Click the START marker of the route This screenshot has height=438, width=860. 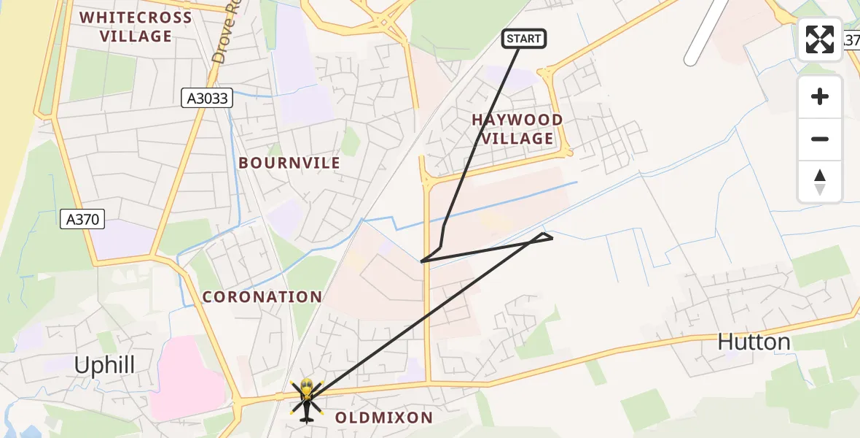click(524, 39)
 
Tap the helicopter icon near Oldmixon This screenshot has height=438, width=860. click(307, 399)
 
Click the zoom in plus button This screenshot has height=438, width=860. click(820, 96)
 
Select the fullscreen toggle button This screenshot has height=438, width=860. click(820, 39)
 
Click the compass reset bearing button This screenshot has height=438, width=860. click(820, 182)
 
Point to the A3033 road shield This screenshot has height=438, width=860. click(207, 99)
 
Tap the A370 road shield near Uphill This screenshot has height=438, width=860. click(83, 218)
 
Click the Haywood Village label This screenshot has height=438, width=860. click(517, 129)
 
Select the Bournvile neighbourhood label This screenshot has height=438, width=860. click(289, 163)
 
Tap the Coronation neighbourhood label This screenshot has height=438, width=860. click(262, 297)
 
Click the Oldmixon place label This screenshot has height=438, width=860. click(384, 418)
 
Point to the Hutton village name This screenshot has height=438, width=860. click(754, 342)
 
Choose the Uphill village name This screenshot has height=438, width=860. click(105, 365)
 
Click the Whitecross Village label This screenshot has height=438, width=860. click(136, 27)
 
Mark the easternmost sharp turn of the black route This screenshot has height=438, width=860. click(552, 237)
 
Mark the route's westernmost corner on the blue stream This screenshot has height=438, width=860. click(421, 261)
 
